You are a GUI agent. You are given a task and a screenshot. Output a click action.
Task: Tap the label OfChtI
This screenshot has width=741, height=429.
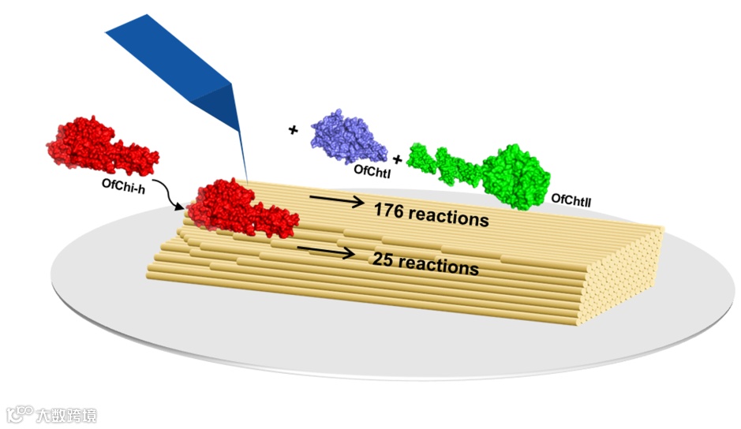tap(370, 170)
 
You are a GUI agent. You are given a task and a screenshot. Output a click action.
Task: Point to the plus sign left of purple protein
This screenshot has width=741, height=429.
tap(294, 129)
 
